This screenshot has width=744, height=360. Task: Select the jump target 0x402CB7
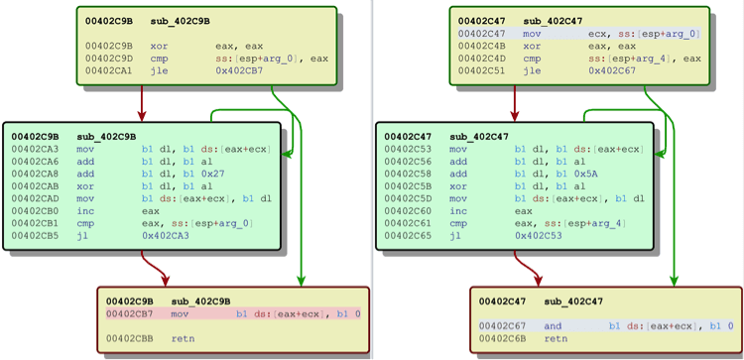(239, 71)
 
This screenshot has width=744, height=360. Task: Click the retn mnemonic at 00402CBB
(183, 338)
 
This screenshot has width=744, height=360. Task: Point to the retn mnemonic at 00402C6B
(556, 338)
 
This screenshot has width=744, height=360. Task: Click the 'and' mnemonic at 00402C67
(553, 326)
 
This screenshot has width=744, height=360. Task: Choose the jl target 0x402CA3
(166, 236)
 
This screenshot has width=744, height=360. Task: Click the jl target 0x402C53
(539, 236)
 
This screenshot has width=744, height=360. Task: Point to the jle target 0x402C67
(612, 71)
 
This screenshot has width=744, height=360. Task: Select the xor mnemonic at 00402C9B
(159, 47)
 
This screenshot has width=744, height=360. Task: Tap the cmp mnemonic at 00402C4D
(532, 59)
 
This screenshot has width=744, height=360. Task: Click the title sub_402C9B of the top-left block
(181, 22)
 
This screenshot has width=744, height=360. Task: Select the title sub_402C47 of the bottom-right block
(573, 301)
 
